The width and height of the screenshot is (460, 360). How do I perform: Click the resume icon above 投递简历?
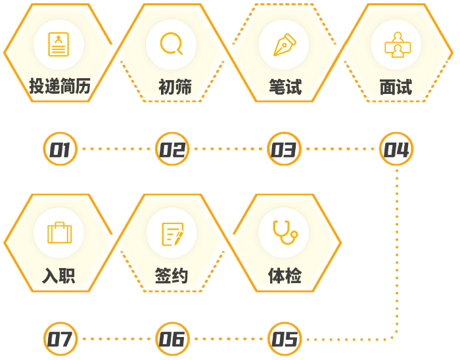click(x=58, y=44)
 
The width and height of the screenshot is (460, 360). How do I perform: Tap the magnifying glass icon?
click(x=172, y=43)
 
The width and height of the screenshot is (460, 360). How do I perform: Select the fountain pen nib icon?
click(x=285, y=45)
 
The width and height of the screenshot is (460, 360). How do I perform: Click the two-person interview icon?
click(x=398, y=45)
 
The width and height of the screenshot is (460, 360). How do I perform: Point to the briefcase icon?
click(x=60, y=233)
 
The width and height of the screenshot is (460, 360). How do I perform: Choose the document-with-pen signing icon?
click(x=173, y=234)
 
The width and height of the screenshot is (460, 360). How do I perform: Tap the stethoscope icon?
click(x=285, y=232)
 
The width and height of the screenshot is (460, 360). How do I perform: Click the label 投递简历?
click(x=60, y=86)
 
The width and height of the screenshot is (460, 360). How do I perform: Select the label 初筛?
click(x=175, y=87)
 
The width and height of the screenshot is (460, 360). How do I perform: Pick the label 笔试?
click(x=285, y=87)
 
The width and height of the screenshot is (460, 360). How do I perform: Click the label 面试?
click(x=396, y=87)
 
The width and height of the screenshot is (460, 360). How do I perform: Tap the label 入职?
click(x=58, y=275)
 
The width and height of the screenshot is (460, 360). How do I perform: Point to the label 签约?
click(x=172, y=275)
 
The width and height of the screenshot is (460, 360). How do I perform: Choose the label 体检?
click(x=285, y=275)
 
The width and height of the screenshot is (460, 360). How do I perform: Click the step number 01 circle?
click(x=60, y=149)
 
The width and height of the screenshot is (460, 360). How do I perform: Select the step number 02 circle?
click(x=172, y=149)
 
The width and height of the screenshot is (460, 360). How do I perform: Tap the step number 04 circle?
click(x=396, y=149)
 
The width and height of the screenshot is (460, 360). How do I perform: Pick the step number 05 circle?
click(x=285, y=339)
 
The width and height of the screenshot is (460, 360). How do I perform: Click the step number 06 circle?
click(x=172, y=339)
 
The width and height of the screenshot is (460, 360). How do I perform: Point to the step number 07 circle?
click(x=60, y=339)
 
